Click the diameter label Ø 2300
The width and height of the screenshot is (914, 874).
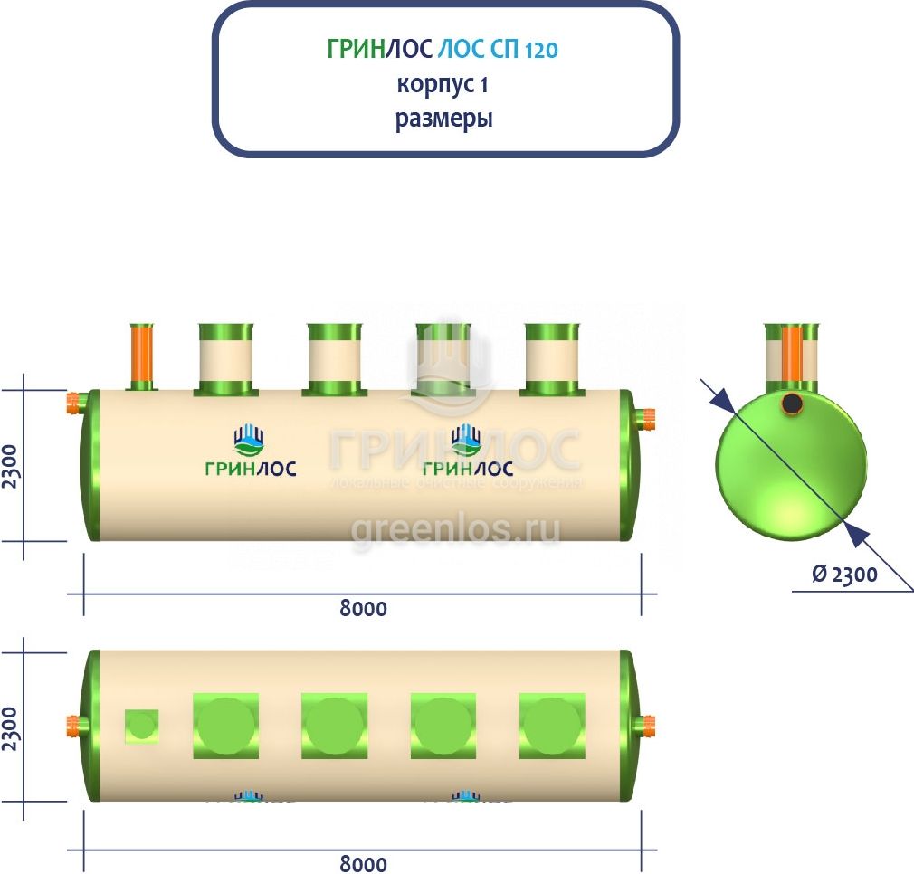pos(844,574)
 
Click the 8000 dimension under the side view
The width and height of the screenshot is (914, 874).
pos(364,608)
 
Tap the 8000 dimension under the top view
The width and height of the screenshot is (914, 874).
pos(364,863)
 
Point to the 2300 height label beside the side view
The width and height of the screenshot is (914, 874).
pos(11,466)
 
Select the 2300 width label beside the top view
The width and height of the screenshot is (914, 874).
pos(11,724)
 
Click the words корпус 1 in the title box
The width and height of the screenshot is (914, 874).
pos(443,85)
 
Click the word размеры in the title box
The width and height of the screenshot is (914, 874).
pos(443,119)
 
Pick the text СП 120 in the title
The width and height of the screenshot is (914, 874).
pos(527,50)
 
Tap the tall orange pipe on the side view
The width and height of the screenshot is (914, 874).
pos(142,356)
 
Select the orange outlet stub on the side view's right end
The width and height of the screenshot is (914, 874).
pos(647,418)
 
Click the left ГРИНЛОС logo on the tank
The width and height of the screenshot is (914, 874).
pos(250,452)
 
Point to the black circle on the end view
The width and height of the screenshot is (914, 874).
pos(793,404)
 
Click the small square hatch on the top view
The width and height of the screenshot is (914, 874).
pos(141,725)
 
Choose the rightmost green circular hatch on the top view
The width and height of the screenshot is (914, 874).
pos(552,726)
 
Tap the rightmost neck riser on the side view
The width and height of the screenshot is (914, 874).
pos(553,359)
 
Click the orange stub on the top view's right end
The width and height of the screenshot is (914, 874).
pos(647,725)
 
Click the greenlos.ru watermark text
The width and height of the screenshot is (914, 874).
pos(455,528)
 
